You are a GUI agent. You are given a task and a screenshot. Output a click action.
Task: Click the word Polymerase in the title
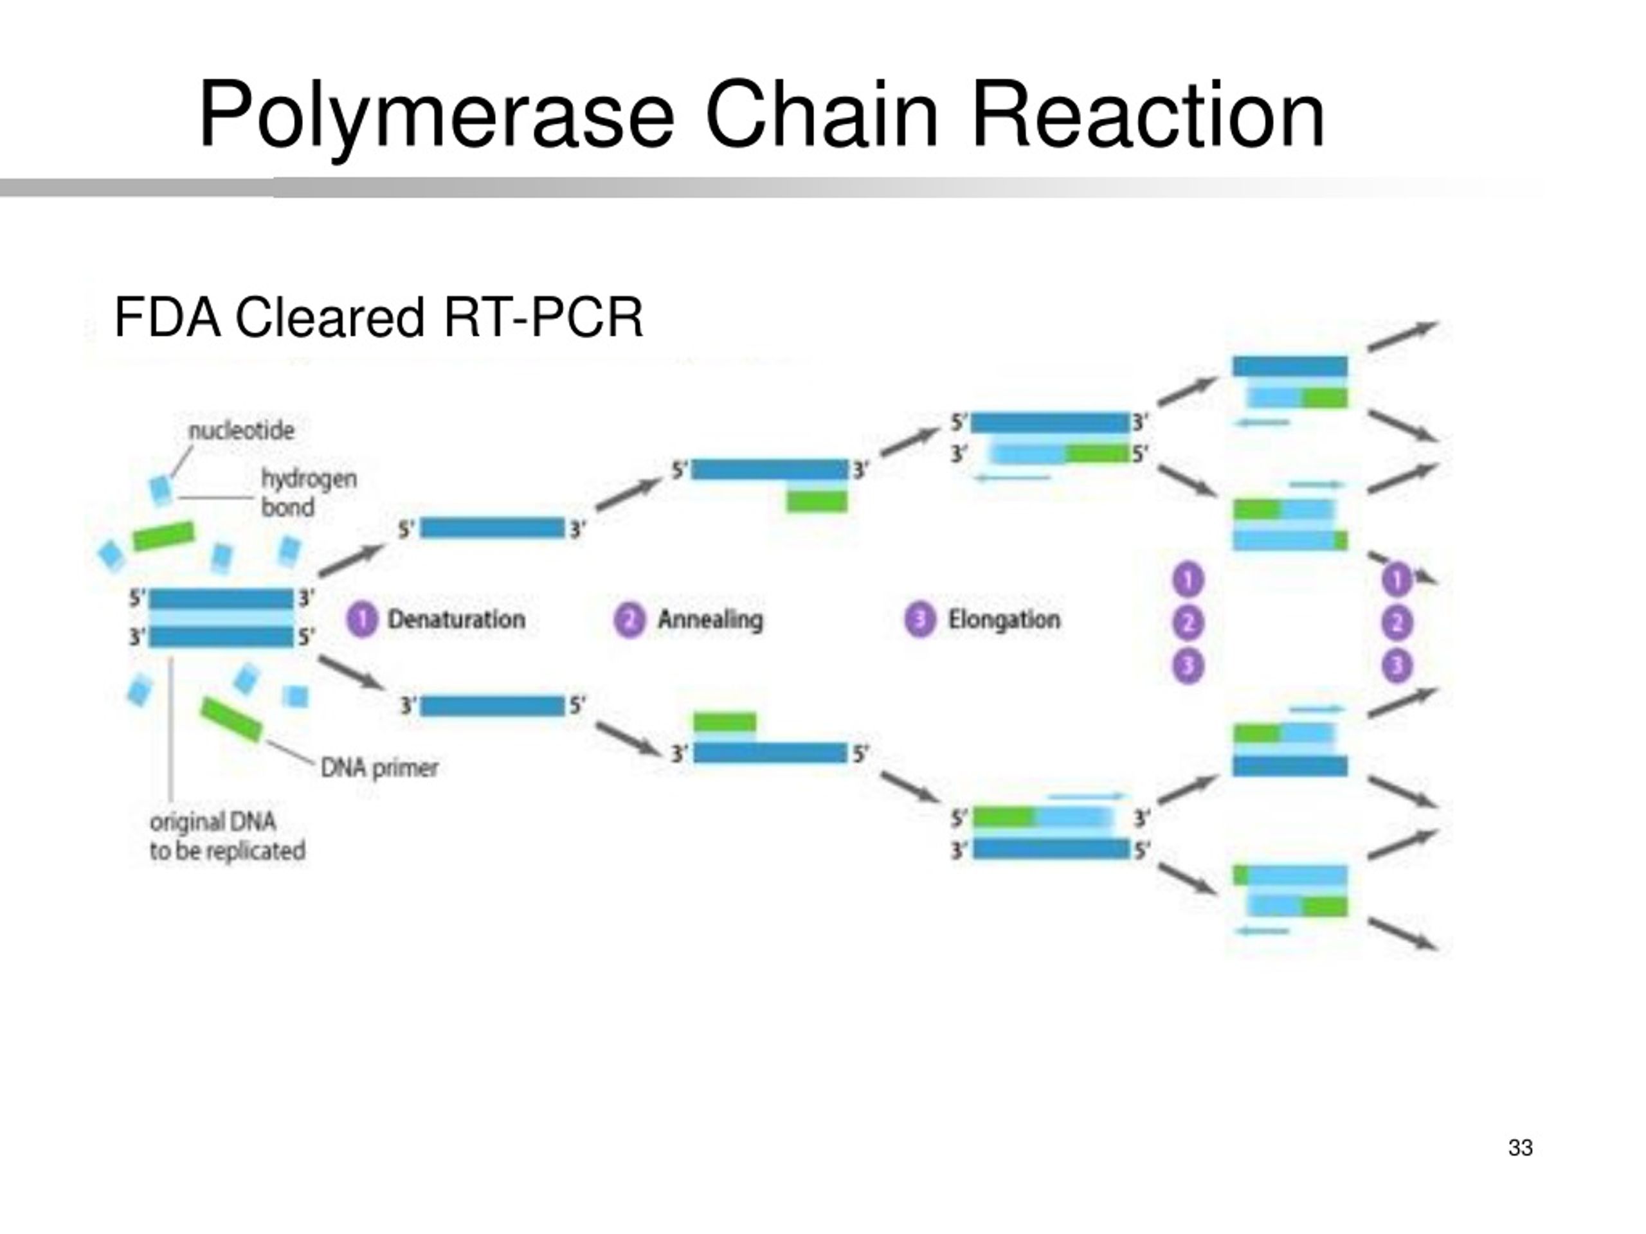coord(437,118)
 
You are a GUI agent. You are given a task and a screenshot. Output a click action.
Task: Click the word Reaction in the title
coord(1148,116)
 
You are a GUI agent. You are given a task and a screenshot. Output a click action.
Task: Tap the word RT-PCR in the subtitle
coord(543,317)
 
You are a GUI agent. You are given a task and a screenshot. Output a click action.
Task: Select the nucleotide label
coord(241,430)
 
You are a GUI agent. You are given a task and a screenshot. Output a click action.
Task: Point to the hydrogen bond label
coord(309,492)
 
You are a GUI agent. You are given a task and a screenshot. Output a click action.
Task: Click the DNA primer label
coord(379,767)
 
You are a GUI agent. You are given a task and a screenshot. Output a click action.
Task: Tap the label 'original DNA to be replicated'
coord(227,836)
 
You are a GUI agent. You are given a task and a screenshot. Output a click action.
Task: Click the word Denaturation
coord(456,619)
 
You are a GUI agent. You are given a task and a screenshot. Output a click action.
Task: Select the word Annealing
coord(710,620)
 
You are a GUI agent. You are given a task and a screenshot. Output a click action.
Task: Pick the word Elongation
coord(1003,619)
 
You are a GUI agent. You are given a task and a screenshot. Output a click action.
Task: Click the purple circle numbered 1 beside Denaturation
coord(363,620)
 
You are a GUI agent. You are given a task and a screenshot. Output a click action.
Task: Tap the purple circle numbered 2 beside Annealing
coord(629,620)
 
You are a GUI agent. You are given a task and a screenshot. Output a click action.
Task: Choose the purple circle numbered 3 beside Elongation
coord(919,620)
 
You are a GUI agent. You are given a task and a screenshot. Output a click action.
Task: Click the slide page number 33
coord(1520,1148)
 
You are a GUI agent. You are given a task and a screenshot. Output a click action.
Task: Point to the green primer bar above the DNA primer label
coord(231,719)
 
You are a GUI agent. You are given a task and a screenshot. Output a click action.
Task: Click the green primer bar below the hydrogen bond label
coord(164,535)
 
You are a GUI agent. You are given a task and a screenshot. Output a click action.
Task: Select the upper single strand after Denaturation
coord(492,528)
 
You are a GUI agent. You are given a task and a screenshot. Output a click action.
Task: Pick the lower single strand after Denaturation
coord(492,706)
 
